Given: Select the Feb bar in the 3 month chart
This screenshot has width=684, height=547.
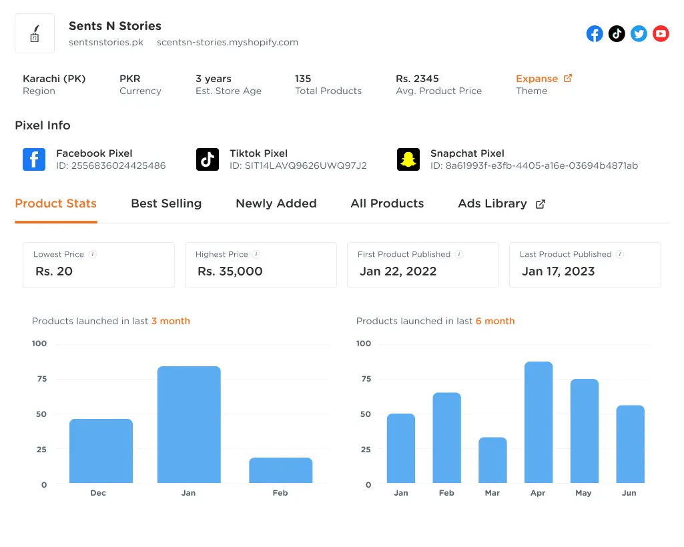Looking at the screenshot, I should point(280,470).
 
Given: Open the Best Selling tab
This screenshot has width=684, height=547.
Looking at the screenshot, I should point(166,203).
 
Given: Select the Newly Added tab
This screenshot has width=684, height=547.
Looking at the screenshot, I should point(276,203).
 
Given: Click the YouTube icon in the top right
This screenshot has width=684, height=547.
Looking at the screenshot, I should point(661,33).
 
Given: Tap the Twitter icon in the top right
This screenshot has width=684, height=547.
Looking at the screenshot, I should point(639,33).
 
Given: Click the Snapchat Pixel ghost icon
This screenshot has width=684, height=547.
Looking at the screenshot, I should point(408,159).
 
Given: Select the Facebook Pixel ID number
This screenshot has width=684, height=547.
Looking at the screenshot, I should point(118,165).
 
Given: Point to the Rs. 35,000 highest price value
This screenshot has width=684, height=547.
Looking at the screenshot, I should point(230,271).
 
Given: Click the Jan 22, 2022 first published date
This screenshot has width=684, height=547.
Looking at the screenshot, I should point(398,271).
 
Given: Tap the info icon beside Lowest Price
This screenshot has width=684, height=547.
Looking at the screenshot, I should point(93,254).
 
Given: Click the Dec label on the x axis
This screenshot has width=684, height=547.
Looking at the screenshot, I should point(98,493).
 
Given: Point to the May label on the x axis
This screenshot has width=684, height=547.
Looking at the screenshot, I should point(583,493).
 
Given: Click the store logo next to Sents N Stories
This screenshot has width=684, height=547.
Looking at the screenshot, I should point(35,33).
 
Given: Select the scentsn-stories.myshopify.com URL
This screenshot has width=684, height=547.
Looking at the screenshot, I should point(227,42).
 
